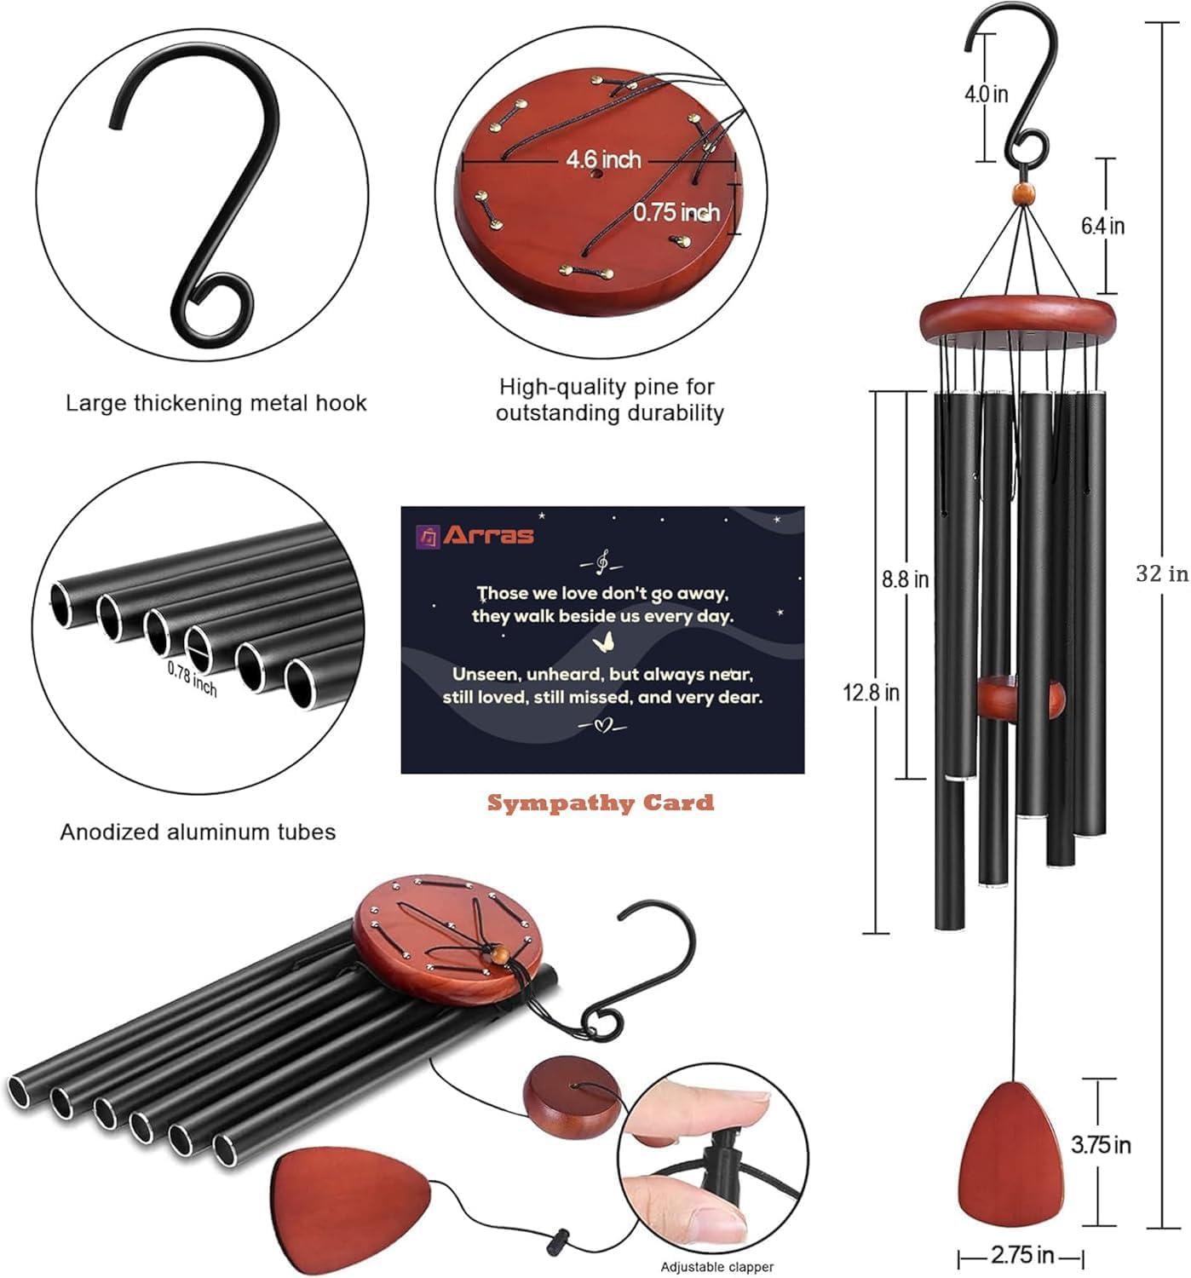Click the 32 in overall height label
pos(1161,573)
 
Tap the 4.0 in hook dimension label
pos(986,93)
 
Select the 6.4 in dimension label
pos(1102,226)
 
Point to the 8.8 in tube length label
pos(905,579)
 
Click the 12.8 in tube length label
pos(871,692)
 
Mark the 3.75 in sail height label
pos(1101,1144)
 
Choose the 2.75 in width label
pos(1021,1255)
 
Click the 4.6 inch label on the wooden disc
pos(603,159)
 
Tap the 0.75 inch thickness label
pos(676,212)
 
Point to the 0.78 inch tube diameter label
pos(192,679)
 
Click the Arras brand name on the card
pos(499,535)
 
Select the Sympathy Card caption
pos(601,803)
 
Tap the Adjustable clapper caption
pos(716,1267)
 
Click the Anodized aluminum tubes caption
pos(198,832)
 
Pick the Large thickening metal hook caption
pos(216,402)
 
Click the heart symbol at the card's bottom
pos(602,726)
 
